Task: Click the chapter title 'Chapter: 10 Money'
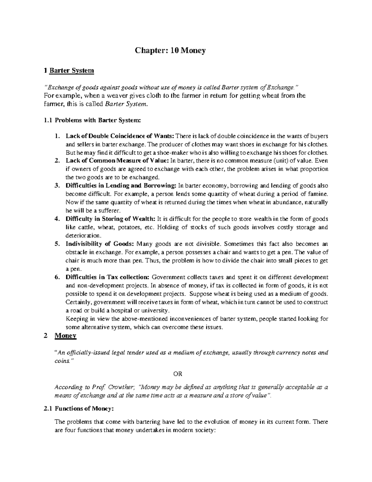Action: pos(170,51)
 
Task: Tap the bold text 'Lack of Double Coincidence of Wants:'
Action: pos(120,136)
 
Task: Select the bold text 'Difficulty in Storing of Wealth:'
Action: pos(111,219)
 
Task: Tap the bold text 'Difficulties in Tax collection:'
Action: pos(108,277)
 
